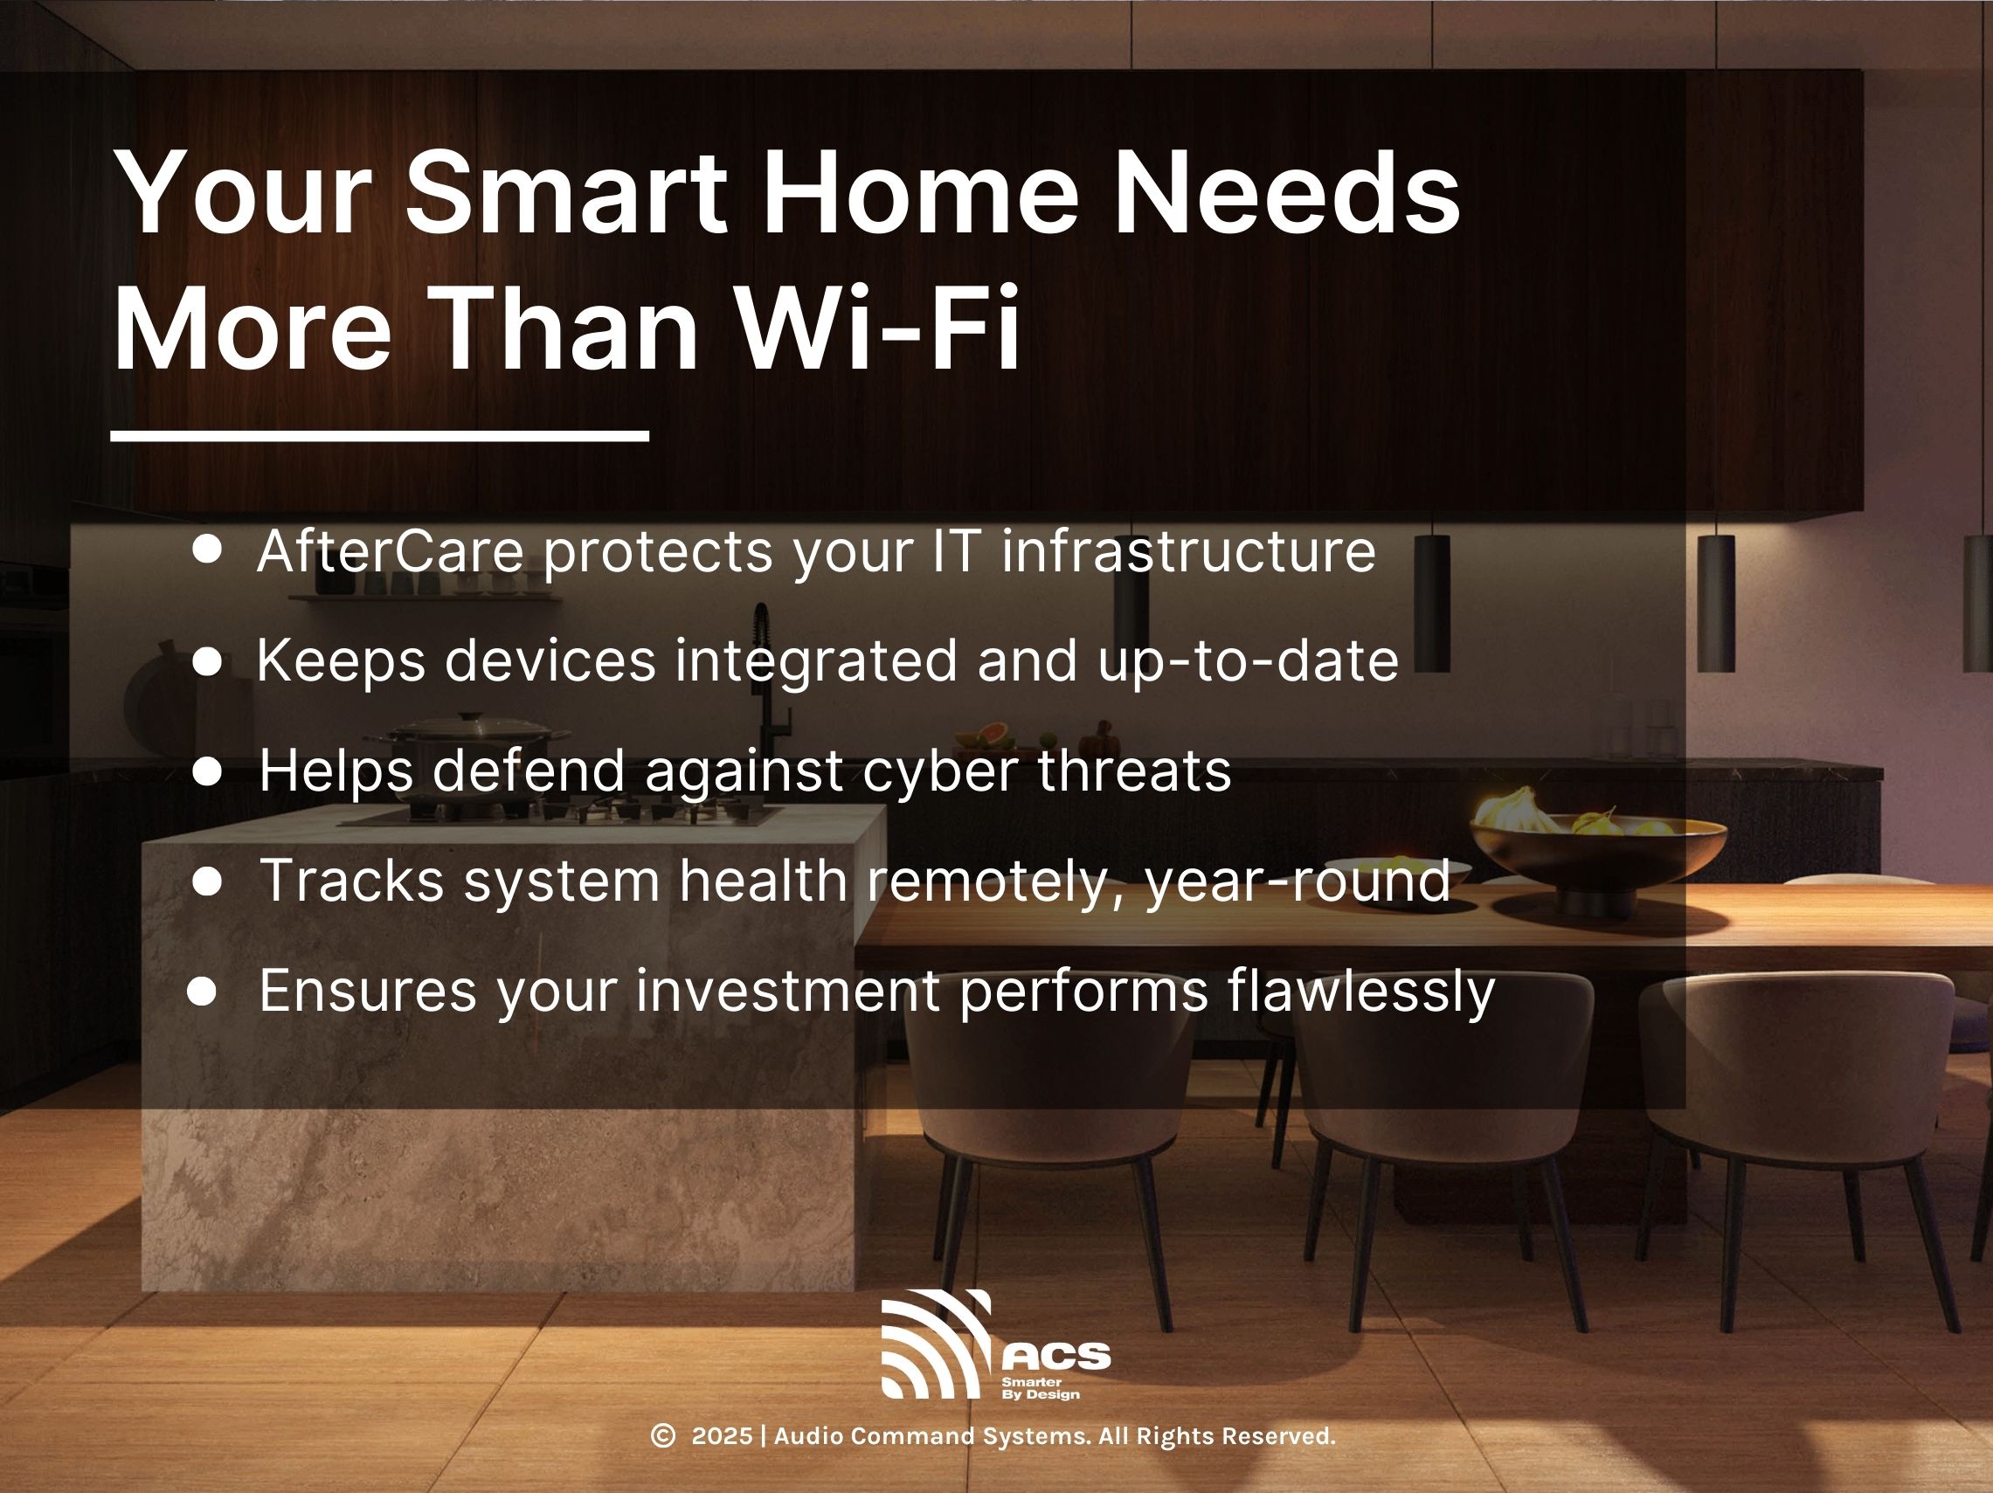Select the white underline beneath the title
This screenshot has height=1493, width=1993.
point(379,436)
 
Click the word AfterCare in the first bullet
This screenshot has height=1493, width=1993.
point(391,550)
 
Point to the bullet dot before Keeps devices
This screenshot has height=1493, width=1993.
point(207,662)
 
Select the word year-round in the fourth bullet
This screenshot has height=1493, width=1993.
point(1298,881)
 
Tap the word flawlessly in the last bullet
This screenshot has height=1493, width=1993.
point(1360,992)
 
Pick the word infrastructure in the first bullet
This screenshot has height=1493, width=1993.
point(1188,550)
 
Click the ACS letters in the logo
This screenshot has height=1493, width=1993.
point(1056,1357)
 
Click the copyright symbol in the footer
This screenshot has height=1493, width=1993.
point(663,1436)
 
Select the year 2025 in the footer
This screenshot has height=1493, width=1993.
point(722,1436)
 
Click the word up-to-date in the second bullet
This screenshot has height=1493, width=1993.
point(1248,662)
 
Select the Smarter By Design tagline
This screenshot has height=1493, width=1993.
point(1040,1388)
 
